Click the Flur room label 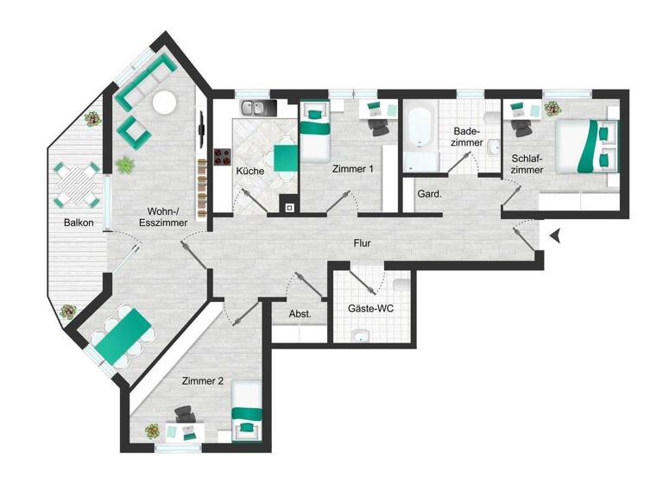coord(363,244)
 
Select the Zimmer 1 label coord(352,170)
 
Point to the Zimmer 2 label coord(203,380)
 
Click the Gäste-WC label coord(370,308)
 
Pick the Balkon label coord(79,223)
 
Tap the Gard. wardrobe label coord(429,194)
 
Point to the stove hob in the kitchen coord(221,158)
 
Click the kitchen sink coord(254,108)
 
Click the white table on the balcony coord(73,183)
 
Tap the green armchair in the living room coord(132,131)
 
